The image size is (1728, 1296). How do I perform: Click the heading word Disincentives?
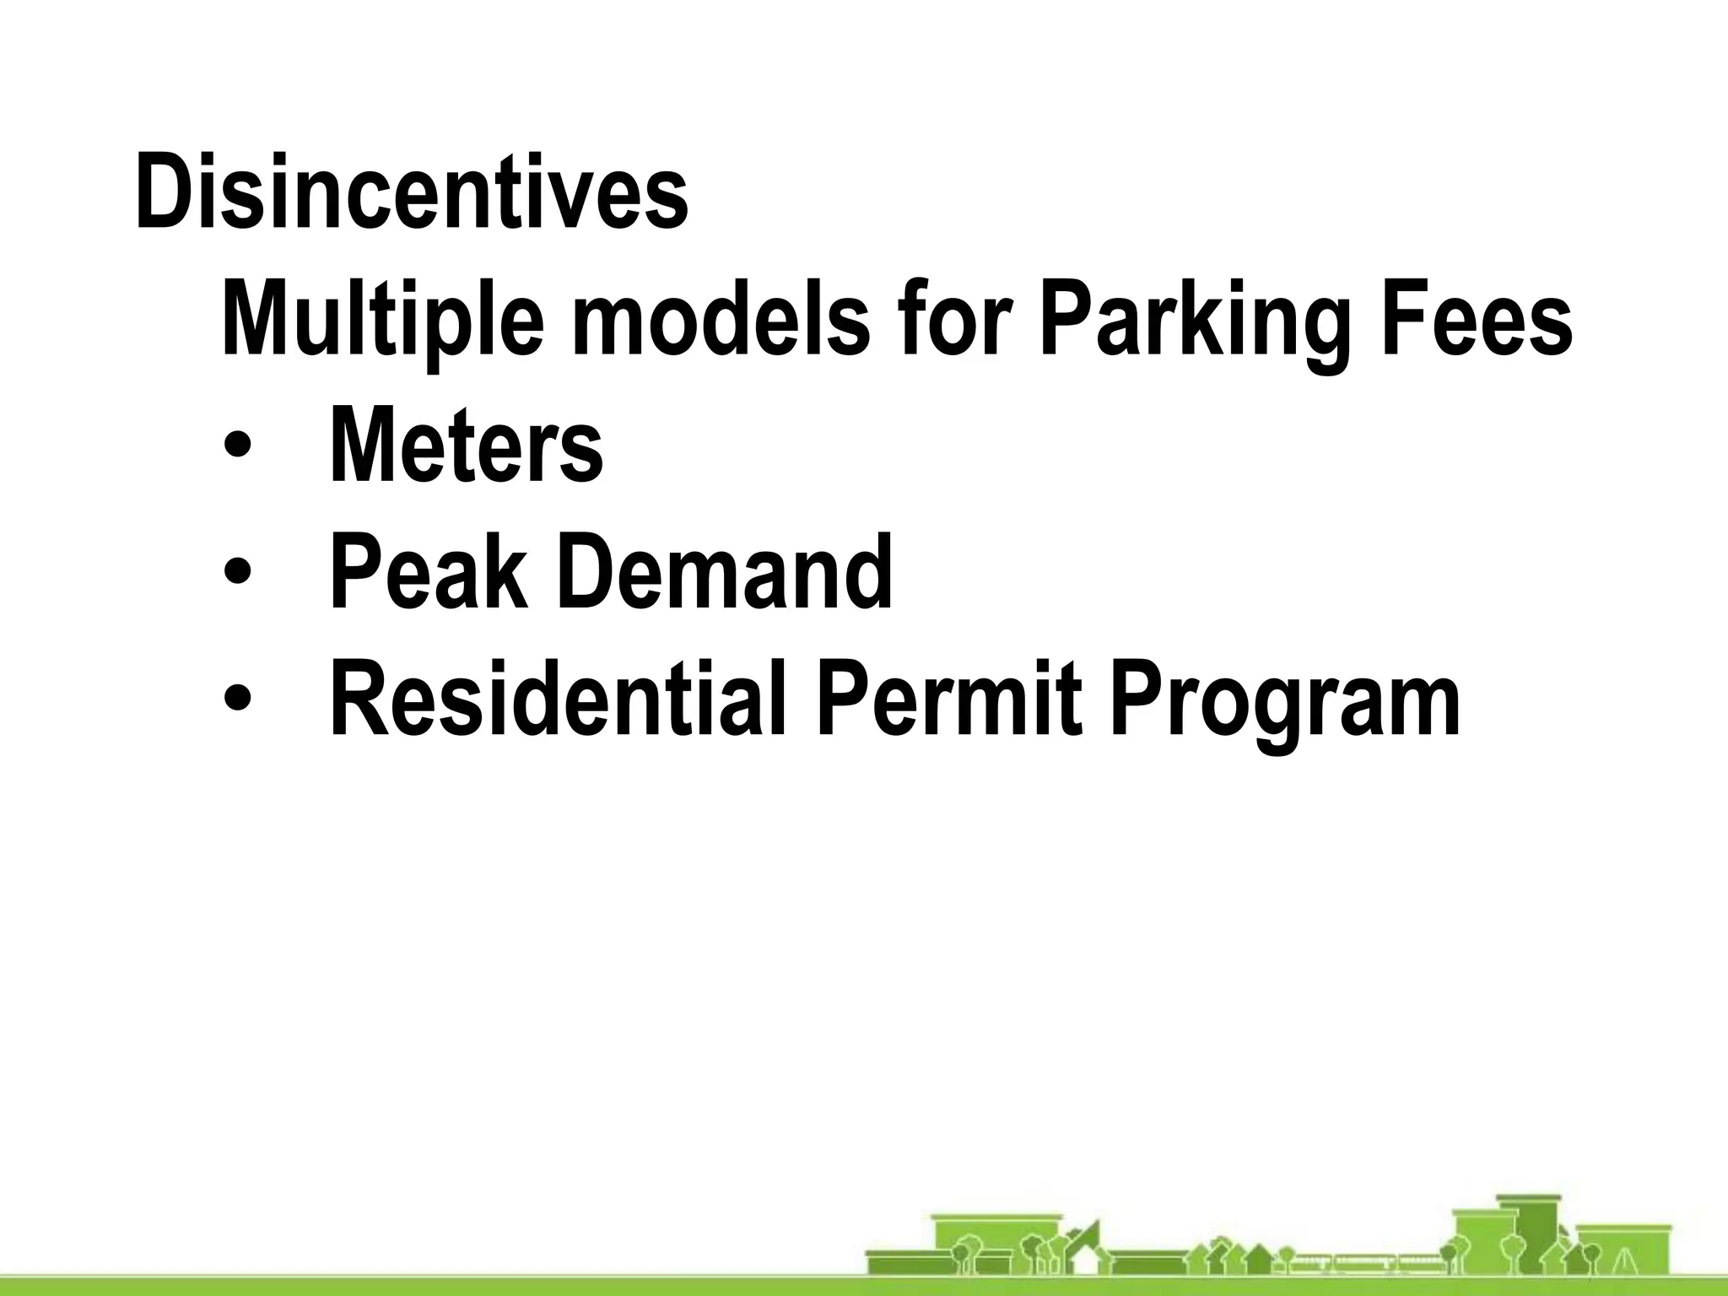pos(412,192)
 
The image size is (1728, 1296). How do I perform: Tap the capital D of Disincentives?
pos(165,192)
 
